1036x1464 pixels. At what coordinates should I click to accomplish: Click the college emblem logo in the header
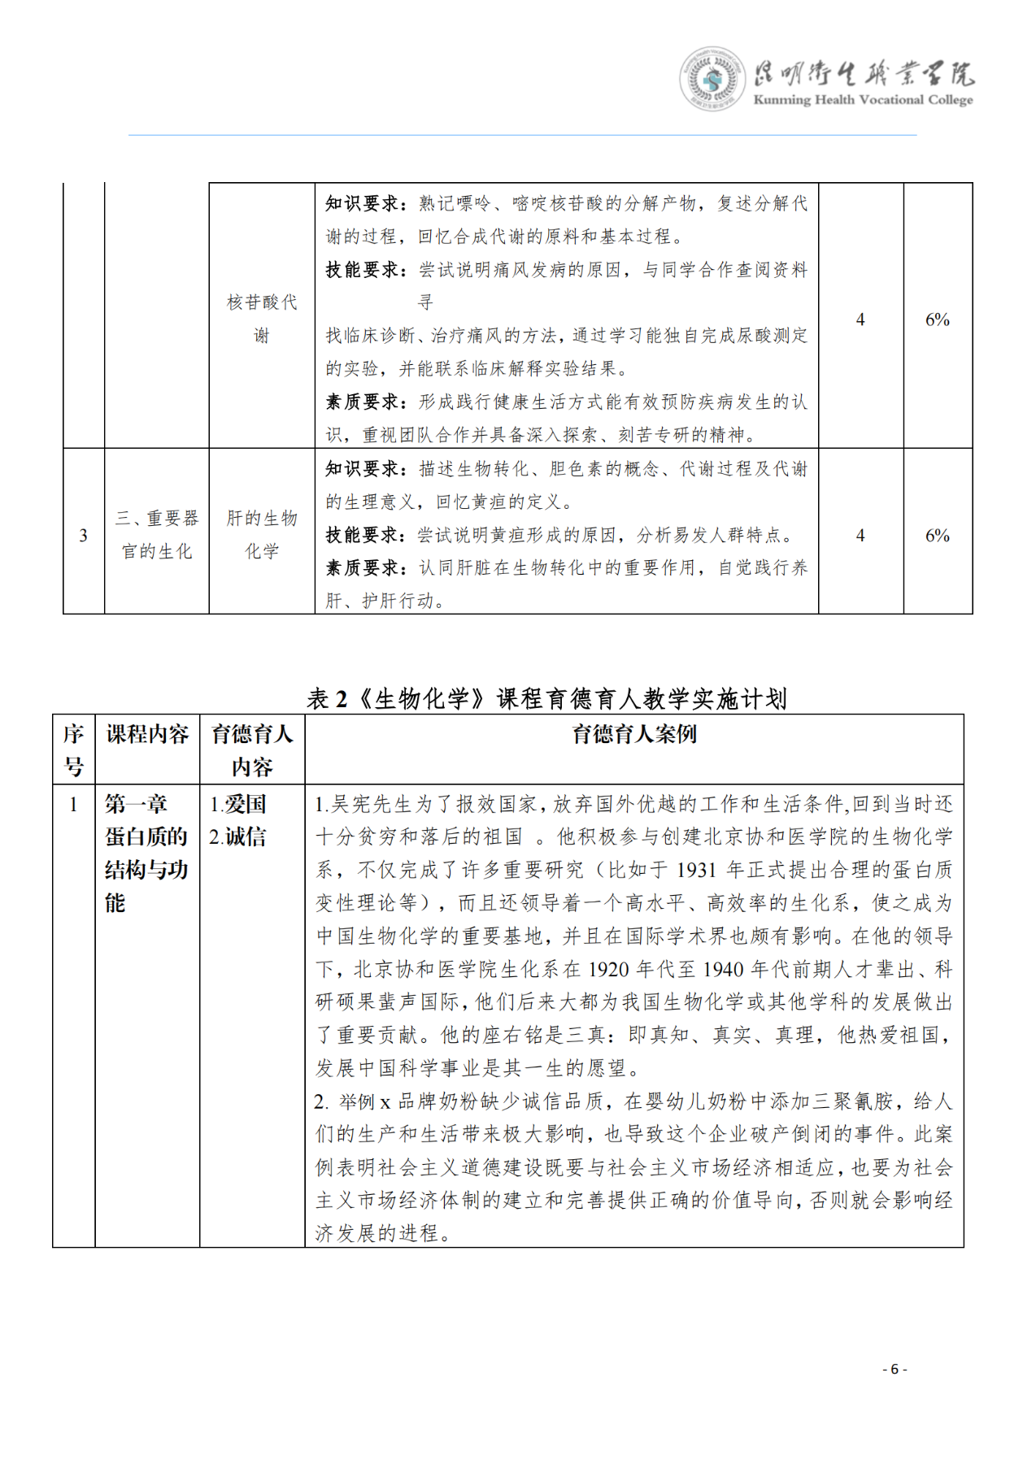[712, 79]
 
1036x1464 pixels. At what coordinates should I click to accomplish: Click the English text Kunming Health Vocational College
[863, 100]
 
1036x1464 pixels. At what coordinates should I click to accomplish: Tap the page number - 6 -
[895, 1369]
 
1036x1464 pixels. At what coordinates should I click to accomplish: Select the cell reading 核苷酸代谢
[262, 319]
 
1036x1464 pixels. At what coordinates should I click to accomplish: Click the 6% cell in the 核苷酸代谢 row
[937, 319]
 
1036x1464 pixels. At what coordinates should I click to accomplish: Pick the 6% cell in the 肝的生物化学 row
[937, 535]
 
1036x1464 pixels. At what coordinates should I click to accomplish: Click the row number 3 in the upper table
[83, 535]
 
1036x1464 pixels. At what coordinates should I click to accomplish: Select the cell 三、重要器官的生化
[157, 535]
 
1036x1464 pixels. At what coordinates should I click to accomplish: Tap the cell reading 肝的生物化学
[262, 535]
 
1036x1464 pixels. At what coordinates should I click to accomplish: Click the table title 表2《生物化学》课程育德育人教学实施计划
[546, 698]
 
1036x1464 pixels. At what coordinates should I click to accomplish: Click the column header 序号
[74, 749]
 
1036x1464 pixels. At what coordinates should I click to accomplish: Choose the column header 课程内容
[147, 734]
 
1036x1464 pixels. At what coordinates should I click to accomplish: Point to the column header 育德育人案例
[634, 734]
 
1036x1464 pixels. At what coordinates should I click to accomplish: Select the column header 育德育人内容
[252, 749]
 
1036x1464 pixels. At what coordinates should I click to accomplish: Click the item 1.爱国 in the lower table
[237, 804]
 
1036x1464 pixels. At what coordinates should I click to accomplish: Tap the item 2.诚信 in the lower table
[237, 836]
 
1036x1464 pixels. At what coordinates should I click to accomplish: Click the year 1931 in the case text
[696, 870]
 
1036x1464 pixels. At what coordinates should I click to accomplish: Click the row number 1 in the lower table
[74, 804]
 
